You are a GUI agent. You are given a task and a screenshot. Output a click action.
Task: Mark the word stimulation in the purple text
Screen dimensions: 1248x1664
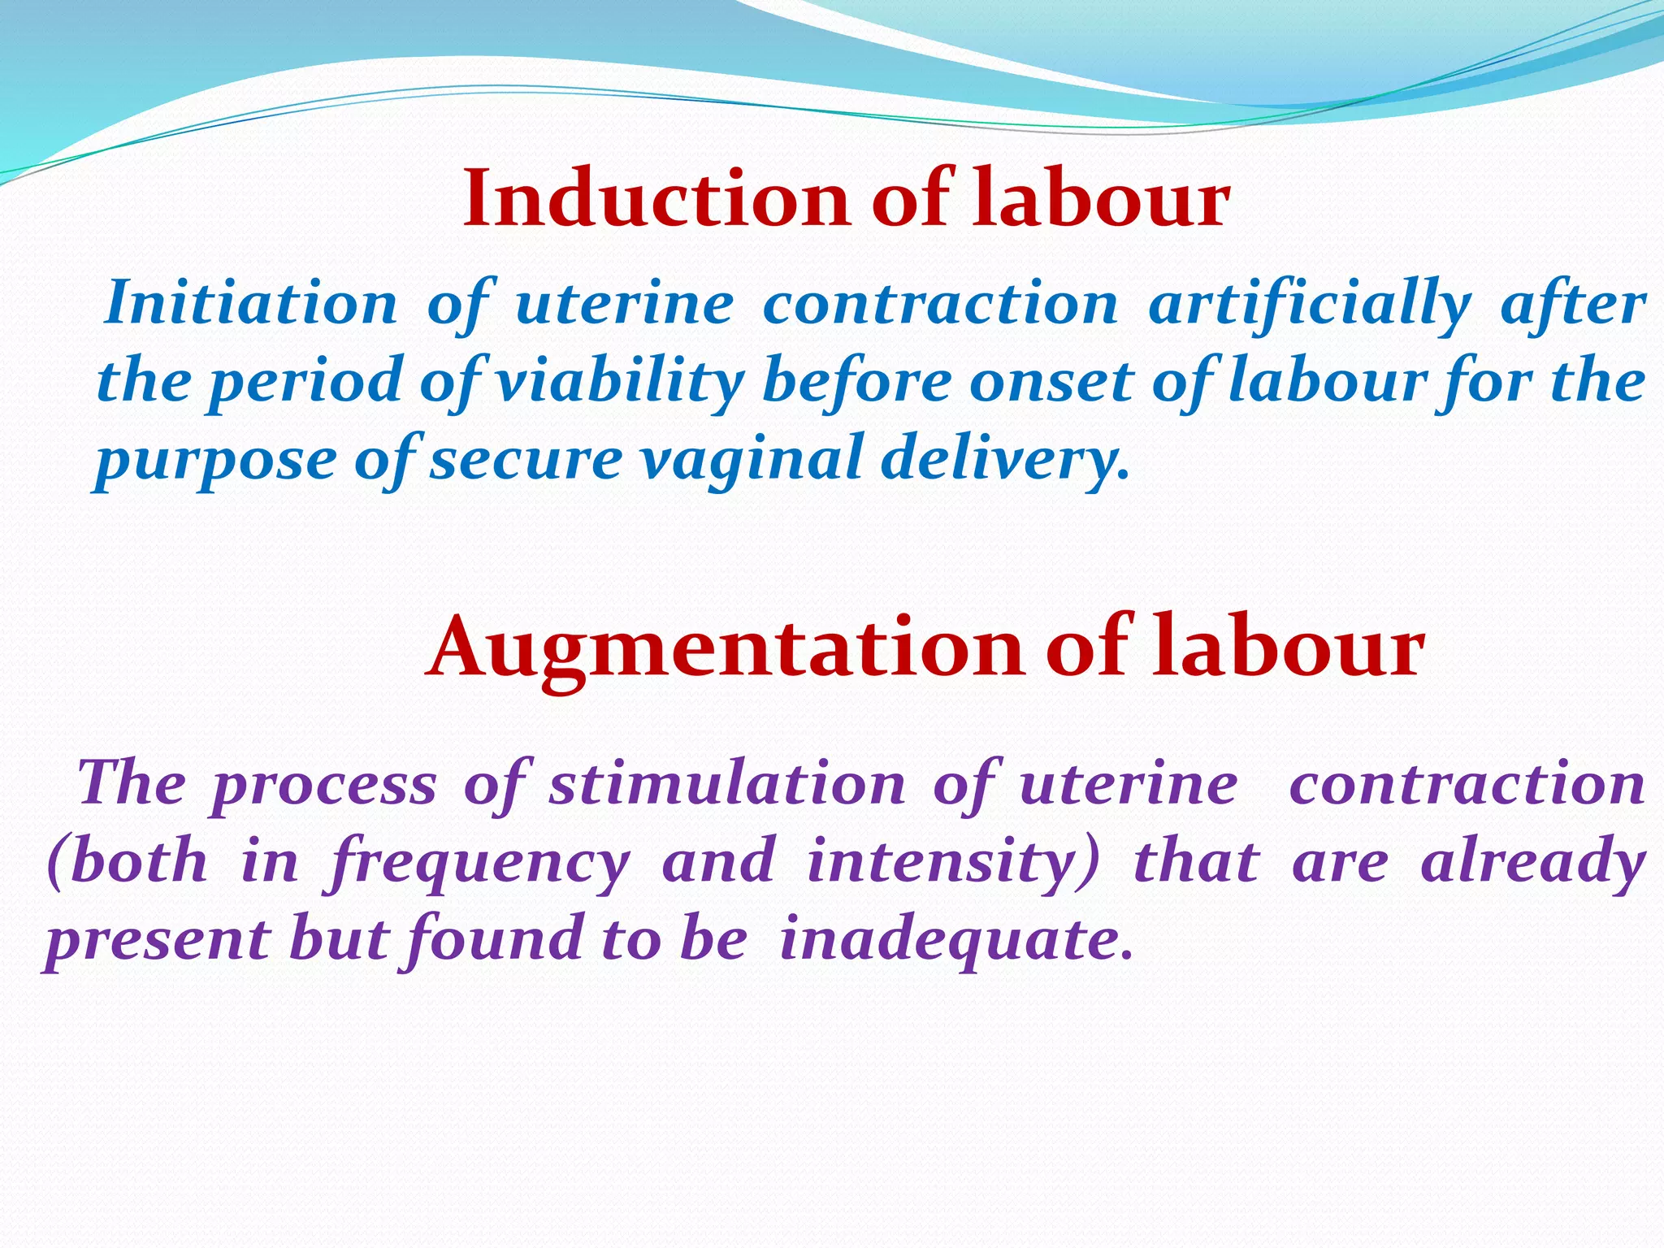727,785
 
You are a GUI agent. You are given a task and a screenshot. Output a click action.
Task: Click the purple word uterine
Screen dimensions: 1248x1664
1129,785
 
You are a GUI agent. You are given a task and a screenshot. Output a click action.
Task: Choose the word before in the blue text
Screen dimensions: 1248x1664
856,380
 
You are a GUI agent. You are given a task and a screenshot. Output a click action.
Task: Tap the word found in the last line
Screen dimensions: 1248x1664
495,938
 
